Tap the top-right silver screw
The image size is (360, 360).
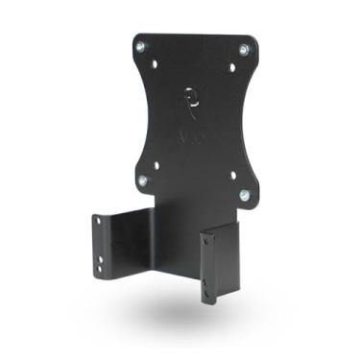pos(244,48)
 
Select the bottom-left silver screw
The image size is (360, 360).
pos(142,180)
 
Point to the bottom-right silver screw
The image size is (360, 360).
pos(243,195)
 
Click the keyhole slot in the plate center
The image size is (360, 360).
pos(191,97)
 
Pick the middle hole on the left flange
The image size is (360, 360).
pos(97,240)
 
